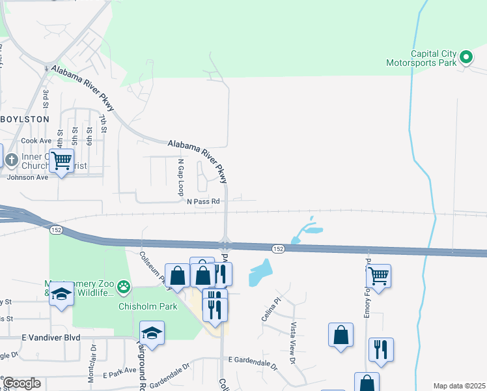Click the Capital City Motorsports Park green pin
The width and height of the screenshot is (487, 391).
[466, 58]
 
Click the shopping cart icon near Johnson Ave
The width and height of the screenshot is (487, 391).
[61, 159]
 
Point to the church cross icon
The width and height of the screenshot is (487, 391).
[11, 160]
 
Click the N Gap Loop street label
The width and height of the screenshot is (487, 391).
[181, 176]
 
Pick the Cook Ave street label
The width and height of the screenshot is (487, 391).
[36, 141]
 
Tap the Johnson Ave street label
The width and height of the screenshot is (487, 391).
[27, 177]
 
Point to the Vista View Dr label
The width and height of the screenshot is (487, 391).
[293, 343]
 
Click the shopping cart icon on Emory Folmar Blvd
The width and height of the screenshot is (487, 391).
[379, 275]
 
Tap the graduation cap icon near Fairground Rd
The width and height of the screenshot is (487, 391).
[152, 333]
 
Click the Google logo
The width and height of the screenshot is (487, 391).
[21, 383]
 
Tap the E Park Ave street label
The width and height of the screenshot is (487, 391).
[120, 376]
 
